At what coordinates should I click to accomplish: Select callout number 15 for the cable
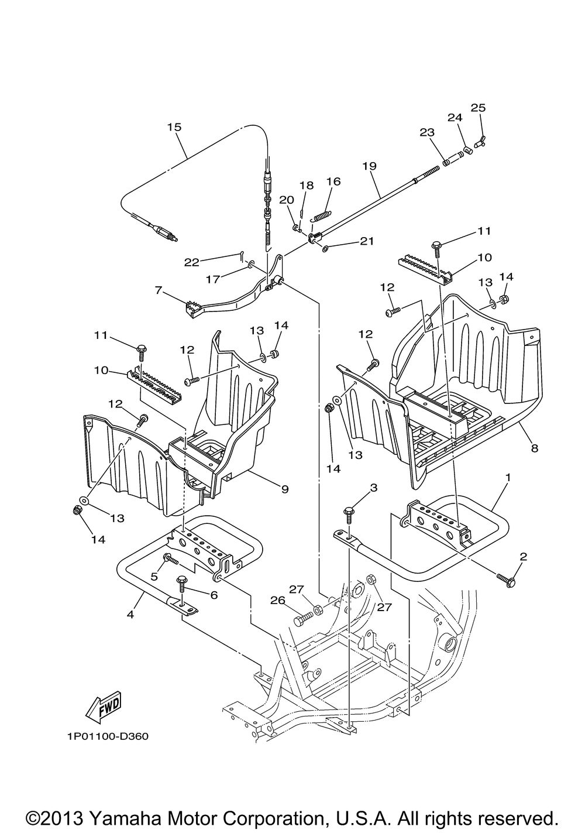174,127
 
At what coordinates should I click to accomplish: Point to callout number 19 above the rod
370,166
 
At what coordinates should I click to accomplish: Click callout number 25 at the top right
478,108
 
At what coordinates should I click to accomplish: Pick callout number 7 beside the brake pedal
159,290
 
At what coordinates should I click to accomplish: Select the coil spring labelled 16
322,215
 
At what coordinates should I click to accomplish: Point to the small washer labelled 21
325,248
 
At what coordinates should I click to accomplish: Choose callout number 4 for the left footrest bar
130,615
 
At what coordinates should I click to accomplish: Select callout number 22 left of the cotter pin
192,262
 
